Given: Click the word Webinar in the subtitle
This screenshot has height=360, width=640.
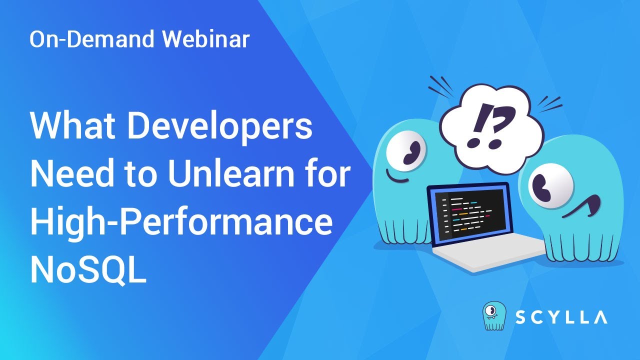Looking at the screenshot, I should point(205,39).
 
